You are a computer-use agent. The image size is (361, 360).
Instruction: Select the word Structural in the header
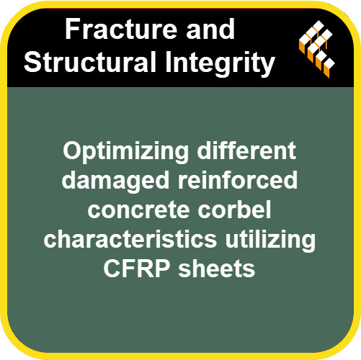pos(90,61)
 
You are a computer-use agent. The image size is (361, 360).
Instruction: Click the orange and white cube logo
pos(317,49)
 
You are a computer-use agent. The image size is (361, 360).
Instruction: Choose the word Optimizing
pos(126,153)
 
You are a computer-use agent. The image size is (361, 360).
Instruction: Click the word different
pos(246,150)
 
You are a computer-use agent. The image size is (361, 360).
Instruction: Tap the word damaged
pos(115,181)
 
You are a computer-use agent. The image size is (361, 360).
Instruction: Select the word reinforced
pos(238,180)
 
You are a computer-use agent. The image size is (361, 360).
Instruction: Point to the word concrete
pos(138,211)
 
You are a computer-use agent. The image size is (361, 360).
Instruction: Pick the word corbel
pos(234,209)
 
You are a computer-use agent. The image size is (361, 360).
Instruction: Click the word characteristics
pos(130,238)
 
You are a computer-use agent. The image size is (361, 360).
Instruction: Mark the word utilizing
pos(270,240)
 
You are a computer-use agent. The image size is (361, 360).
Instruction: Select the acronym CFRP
pos(137,268)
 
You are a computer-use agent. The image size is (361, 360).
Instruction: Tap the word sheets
pos(216,268)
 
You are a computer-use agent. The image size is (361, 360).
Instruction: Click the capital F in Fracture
pos(73,29)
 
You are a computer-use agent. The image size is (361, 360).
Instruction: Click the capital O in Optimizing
pos(73,150)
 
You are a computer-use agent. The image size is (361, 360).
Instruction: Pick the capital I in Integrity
pos(168,61)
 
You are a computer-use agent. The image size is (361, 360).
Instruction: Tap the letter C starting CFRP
pos(112,268)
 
